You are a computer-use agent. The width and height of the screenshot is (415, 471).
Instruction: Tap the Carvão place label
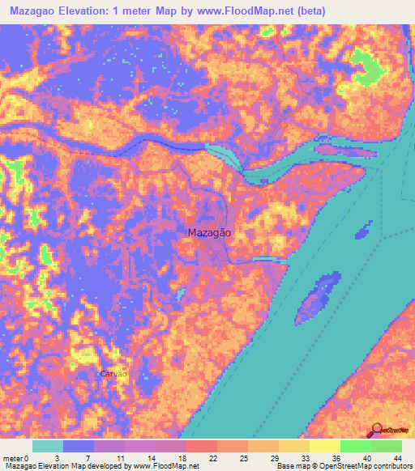point(113,374)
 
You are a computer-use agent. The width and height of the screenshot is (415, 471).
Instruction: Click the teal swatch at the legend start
point(48,446)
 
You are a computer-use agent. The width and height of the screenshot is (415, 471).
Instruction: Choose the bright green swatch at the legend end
point(386,446)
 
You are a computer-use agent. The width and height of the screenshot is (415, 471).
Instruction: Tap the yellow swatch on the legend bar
point(324,446)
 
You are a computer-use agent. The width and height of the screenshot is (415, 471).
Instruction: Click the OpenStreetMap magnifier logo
point(374,431)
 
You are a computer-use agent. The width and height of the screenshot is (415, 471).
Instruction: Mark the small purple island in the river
point(317,298)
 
